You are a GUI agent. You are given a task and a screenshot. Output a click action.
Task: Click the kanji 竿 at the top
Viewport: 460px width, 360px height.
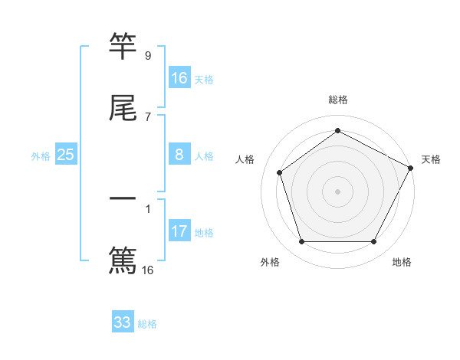click(x=123, y=47)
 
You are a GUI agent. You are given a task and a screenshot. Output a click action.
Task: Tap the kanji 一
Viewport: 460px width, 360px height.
click(x=123, y=199)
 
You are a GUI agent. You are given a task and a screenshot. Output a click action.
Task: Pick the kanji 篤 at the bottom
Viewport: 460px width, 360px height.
click(x=123, y=260)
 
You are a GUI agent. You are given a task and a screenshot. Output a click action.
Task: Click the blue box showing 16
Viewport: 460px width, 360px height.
click(x=179, y=77)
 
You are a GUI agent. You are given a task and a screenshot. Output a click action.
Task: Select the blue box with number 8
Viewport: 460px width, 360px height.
click(x=179, y=155)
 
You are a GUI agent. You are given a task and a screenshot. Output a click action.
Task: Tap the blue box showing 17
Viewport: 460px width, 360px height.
click(x=179, y=231)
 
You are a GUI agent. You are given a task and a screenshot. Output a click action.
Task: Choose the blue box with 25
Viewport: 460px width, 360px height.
click(x=65, y=155)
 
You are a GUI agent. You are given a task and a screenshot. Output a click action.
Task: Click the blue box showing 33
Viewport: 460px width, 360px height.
click(x=123, y=322)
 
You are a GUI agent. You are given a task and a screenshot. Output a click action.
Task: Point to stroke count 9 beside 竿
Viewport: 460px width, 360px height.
click(x=148, y=56)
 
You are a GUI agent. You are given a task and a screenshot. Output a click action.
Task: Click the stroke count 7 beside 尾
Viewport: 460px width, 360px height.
click(x=148, y=116)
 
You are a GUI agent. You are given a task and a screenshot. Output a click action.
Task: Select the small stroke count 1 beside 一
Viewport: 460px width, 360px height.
click(x=148, y=208)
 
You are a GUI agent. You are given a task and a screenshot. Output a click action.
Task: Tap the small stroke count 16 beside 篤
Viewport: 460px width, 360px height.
click(x=148, y=270)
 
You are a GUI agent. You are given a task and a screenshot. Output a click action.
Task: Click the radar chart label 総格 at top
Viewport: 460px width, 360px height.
click(x=338, y=100)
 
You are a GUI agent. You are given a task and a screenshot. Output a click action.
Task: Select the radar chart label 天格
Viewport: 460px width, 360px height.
click(x=431, y=159)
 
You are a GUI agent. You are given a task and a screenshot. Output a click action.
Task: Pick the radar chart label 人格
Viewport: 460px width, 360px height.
click(x=245, y=159)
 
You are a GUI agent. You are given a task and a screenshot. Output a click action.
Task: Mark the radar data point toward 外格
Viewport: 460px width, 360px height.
click(x=301, y=242)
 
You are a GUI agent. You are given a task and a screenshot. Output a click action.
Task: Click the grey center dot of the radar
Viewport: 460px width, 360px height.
click(x=337, y=191)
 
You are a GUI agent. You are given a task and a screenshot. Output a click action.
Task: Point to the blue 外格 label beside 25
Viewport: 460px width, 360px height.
click(x=41, y=156)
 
